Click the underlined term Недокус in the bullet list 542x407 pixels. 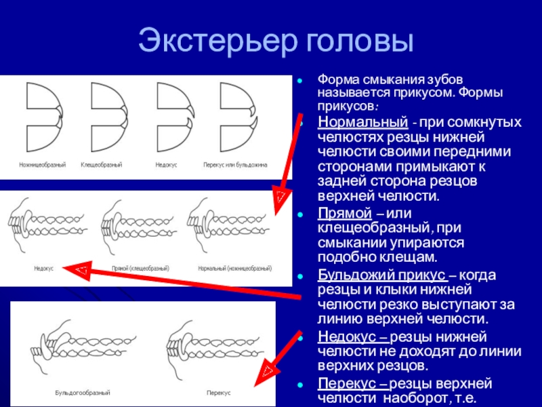[342, 336]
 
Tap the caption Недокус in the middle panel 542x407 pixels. [44, 268]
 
